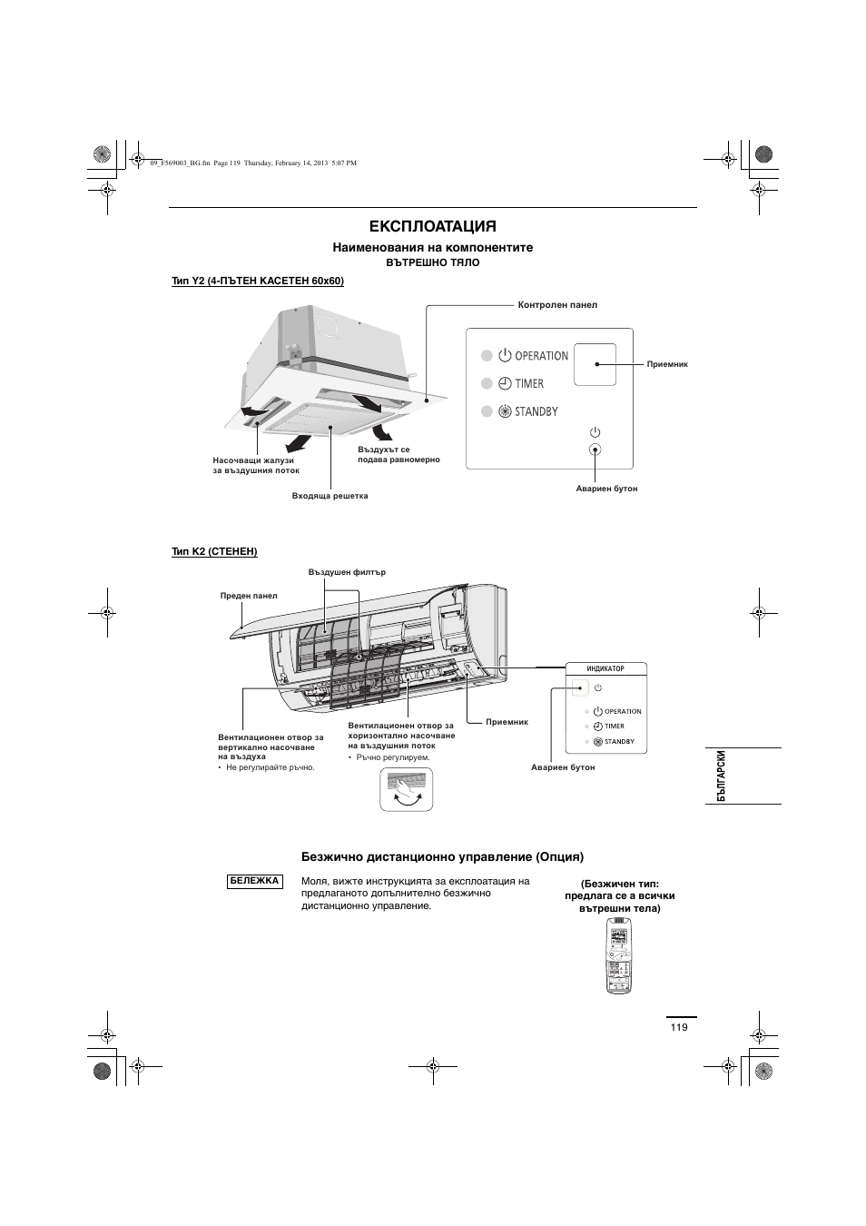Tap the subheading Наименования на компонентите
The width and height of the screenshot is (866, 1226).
(432, 247)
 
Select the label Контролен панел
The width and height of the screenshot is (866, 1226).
(557, 305)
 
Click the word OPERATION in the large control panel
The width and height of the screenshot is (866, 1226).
(541, 356)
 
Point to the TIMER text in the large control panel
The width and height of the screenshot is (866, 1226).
(529, 384)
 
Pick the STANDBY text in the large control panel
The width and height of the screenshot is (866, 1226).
(536, 412)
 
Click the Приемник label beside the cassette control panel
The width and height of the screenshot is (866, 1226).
(667, 364)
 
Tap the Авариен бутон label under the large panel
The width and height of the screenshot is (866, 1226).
(606, 489)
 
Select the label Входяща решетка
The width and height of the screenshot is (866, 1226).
(330, 496)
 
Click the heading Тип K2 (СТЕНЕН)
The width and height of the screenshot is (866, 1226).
(215, 551)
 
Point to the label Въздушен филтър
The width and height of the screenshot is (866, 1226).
(347, 572)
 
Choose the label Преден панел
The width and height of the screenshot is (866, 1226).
(249, 596)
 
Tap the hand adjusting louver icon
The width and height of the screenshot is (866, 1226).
(407, 789)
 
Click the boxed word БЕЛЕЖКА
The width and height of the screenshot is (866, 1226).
(254, 881)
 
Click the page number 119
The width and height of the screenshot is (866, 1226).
(680, 1027)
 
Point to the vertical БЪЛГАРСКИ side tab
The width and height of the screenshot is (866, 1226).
(722, 776)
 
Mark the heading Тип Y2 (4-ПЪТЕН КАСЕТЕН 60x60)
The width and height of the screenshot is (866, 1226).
(258, 282)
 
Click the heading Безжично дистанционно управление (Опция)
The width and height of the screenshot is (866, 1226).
(442, 856)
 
